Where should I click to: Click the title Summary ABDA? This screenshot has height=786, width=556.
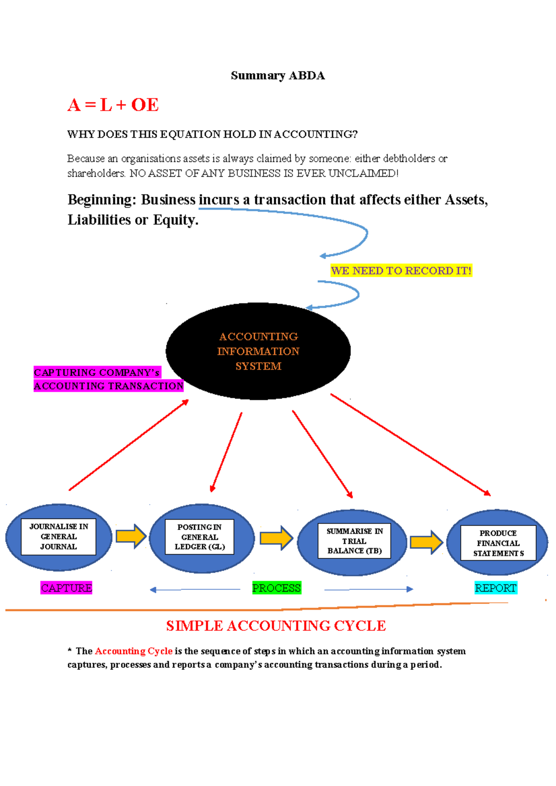(x=278, y=75)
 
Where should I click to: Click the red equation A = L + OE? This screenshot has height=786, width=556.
(x=113, y=105)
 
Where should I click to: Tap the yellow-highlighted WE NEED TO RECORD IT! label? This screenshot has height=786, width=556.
(x=401, y=271)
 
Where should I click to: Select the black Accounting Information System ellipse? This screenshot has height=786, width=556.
(x=258, y=351)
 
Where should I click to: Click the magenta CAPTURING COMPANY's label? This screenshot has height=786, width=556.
(x=97, y=373)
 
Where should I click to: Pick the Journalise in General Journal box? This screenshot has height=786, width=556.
(x=58, y=536)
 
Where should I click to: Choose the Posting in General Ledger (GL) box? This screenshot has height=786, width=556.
(x=200, y=537)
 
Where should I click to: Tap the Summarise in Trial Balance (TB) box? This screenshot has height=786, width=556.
(x=354, y=541)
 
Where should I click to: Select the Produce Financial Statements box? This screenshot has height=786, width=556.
(x=498, y=543)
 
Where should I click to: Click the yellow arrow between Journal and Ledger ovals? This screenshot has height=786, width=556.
(x=131, y=536)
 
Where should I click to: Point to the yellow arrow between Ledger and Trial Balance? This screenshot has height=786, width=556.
(x=276, y=538)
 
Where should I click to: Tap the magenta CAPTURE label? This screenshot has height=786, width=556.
(x=66, y=588)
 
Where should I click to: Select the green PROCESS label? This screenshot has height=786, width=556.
(x=277, y=588)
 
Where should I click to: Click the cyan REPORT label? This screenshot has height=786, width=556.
(x=496, y=588)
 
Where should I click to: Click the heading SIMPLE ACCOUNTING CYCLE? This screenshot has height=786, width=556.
(x=276, y=626)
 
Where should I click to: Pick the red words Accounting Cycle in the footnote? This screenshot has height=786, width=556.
(x=133, y=651)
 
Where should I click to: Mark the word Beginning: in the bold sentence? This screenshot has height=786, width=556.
(x=102, y=200)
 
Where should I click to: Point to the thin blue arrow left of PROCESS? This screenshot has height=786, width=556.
(x=195, y=590)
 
